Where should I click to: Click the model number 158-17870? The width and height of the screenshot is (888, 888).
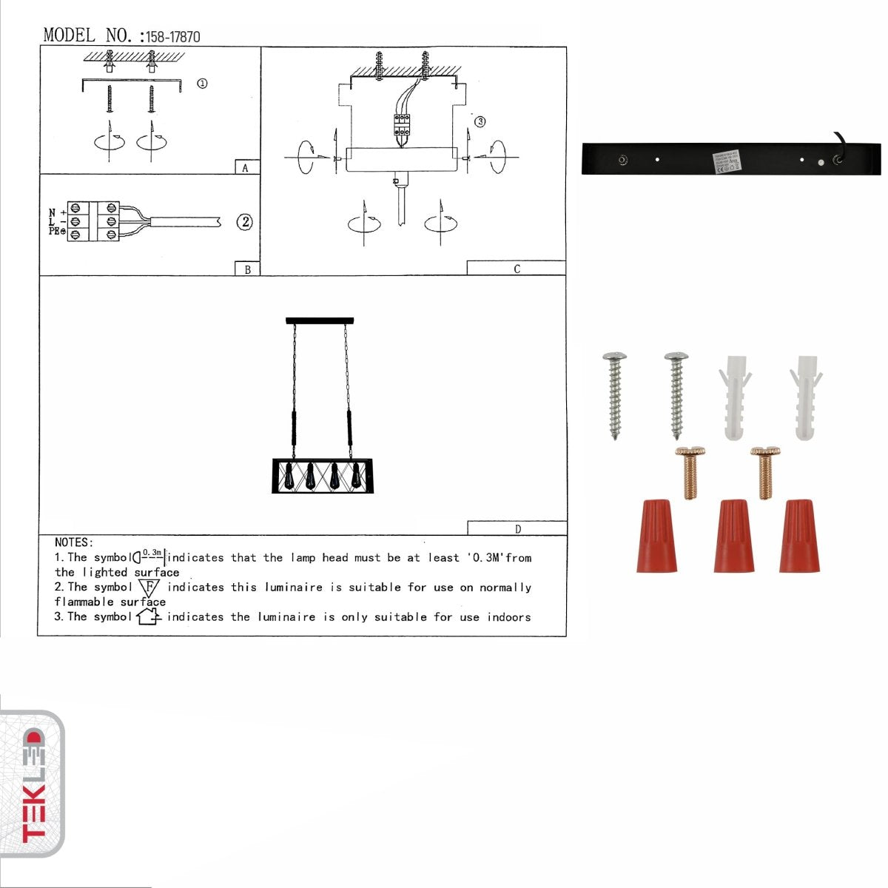(172, 36)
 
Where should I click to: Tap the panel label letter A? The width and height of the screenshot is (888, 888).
(246, 168)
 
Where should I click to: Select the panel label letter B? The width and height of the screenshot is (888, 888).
(247, 269)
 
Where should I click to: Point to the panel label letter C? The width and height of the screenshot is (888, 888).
(517, 269)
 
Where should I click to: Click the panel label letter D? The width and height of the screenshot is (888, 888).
(517, 528)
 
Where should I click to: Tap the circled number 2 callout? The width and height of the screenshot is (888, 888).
(245, 222)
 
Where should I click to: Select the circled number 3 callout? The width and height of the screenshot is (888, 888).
(480, 121)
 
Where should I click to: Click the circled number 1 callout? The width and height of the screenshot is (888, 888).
(202, 84)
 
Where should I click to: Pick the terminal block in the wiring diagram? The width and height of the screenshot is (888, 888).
(93, 221)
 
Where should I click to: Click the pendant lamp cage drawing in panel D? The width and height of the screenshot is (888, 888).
(323, 476)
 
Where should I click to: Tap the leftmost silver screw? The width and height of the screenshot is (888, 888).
(615, 395)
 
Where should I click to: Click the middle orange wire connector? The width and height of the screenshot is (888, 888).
(733, 535)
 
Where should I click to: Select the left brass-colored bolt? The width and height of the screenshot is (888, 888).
(690, 471)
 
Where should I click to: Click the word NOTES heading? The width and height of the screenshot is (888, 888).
(74, 542)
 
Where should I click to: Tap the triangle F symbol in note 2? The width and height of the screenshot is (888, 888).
(149, 588)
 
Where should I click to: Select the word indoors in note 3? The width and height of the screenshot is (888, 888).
(508, 617)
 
